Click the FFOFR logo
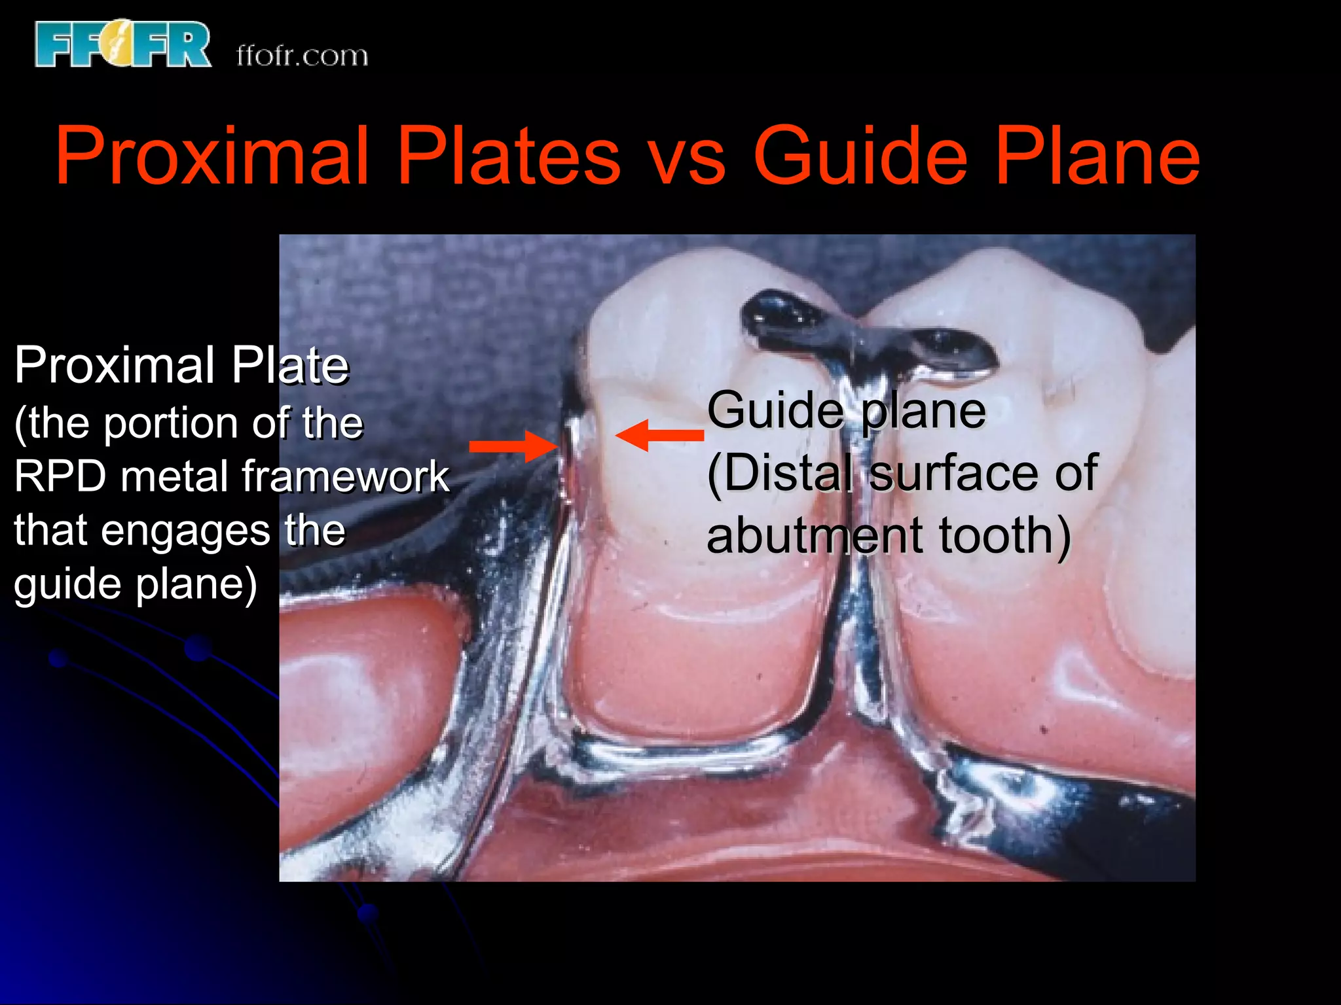click(123, 44)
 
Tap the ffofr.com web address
click(302, 56)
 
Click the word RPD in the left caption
click(60, 476)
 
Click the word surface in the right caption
click(955, 472)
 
